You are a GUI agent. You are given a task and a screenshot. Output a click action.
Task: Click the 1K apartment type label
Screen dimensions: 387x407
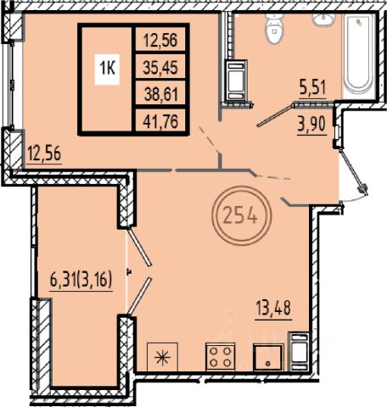click(x=107, y=69)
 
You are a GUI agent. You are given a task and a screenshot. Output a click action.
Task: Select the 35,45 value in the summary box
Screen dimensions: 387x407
click(x=160, y=68)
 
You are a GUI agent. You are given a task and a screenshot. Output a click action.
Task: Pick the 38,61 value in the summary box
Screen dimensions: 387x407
click(x=161, y=94)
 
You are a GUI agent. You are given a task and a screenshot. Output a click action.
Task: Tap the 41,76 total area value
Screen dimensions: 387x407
click(x=160, y=122)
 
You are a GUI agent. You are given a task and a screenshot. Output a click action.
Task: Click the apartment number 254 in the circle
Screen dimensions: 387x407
click(x=241, y=217)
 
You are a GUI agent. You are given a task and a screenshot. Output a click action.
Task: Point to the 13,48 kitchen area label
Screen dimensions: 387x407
click(x=273, y=308)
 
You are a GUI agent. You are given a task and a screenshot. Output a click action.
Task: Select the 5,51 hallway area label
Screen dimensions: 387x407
click(x=313, y=87)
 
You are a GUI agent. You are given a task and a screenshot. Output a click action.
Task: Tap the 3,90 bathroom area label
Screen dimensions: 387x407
click(x=311, y=125)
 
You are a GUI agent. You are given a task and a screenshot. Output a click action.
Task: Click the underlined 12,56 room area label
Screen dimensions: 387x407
click(x=44, y=154)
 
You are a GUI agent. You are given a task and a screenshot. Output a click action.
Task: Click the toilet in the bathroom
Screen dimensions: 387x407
click(x=274, y=28)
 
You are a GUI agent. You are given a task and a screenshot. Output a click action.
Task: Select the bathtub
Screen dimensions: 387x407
click(x=358, y=55)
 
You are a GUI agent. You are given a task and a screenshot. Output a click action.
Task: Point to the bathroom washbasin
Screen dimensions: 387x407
click(x=323, y=20)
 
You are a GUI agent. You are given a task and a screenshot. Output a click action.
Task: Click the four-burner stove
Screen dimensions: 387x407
click(x=221, y=357)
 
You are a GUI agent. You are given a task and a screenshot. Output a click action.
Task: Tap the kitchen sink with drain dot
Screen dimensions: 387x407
click(x=268, y=357)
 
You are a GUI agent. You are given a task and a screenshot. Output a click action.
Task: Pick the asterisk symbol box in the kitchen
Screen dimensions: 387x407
click(x=162, y=357)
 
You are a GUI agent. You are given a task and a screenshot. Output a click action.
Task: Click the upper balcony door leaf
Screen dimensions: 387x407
click(x=139, y=247)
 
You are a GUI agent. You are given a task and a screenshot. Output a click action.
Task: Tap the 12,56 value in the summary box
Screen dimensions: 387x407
click(x=160, y=40)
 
